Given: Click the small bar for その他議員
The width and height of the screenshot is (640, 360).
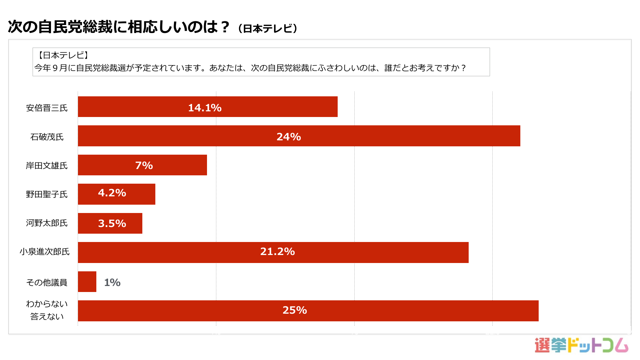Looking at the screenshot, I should click(x=87, y=282).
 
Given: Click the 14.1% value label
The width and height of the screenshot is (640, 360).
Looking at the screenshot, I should click(x=205, y=108).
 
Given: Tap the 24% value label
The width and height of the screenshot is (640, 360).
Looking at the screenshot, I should click(x=289, y=137).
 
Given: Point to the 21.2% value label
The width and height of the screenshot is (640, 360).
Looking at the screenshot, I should click(x=277, y=251).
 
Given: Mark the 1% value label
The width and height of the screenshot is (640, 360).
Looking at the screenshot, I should click(x=112, y=282).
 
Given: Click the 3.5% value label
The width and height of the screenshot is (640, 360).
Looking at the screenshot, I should click(x=112, y=223).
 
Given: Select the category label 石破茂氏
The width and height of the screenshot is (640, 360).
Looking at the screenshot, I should click(x=47, y=137).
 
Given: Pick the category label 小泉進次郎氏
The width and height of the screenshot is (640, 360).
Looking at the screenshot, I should click(x=45, y=252).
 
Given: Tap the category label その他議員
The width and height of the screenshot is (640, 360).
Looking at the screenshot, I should click(x=47, y=283).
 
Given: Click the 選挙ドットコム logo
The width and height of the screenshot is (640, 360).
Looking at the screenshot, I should click(x=581, y=345).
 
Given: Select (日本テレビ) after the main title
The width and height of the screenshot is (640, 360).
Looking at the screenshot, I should click(x=268, y=29).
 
